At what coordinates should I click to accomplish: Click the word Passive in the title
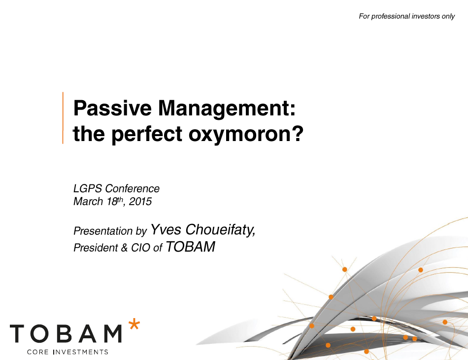[112, 108]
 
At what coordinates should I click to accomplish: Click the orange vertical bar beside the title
[63, 118]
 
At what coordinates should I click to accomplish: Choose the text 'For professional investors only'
[406, 16]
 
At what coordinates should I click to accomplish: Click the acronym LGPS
[88, 188]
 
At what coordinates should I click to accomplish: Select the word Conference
[132, 188]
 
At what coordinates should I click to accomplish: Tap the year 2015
[140, 202]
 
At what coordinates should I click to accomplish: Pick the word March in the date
[88, 202]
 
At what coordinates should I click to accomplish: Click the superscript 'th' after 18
[120, 199]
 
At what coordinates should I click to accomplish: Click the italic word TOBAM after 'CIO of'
[191, 247]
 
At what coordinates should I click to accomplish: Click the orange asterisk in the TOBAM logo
[134, 324]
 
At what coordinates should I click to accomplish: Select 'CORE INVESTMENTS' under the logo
[67, 352]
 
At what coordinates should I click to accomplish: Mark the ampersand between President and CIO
[124, 248]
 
